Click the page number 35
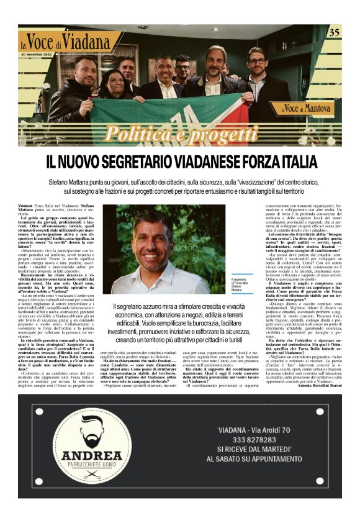point(334,32)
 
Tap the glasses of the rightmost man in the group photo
point(256,60)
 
